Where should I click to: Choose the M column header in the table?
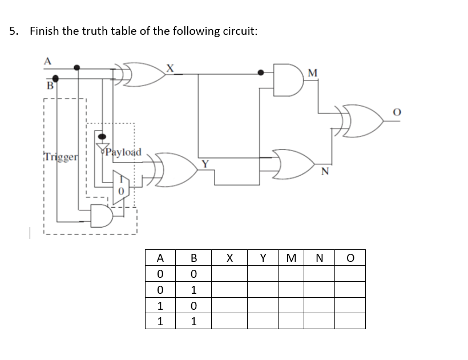click(291, 258)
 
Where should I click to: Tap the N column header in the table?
click(318, 258)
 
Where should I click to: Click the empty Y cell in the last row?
click(262, 321)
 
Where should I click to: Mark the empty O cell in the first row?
click(349, 274)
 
